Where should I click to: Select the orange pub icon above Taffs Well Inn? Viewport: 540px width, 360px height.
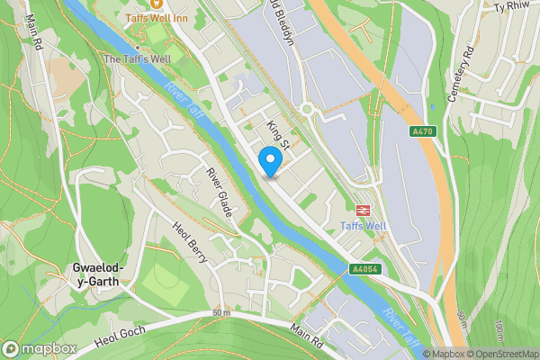[156, 4]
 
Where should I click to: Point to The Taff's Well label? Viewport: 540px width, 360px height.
[137, 58]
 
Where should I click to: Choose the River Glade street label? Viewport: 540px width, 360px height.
[220, 193]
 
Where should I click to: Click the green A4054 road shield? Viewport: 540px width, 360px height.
[364, 269]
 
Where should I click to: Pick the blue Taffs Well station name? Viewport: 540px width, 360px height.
[364, 227]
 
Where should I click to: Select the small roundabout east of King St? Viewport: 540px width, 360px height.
[308, 110]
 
